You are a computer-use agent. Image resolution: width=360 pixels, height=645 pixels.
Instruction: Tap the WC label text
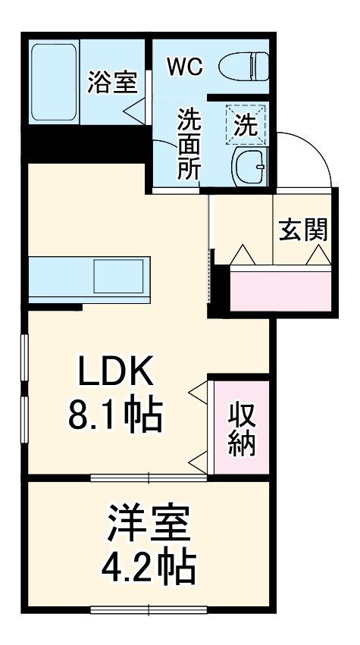(x=185, y=67)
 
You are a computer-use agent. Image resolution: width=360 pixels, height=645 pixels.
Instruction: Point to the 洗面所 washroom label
(x=189, y=144)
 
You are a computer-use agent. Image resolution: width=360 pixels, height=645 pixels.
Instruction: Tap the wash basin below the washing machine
(x=248, y=163)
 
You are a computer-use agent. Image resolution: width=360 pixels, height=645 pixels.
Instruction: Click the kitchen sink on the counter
(x=119, y=271)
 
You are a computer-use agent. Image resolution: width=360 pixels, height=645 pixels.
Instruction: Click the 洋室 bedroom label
(x=149, y=523)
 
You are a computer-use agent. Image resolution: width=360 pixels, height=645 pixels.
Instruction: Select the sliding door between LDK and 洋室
(x=149, y=477)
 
